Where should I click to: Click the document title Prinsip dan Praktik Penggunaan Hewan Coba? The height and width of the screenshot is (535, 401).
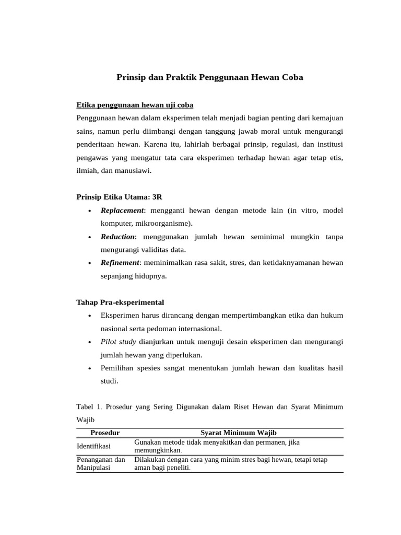[x=209, y=77]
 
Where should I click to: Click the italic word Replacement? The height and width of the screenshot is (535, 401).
[x=122, y=210]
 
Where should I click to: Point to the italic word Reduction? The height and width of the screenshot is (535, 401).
[x=118, y=237]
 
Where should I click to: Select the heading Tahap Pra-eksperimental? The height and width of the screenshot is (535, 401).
[x=120, y=303]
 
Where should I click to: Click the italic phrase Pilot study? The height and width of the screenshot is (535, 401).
[x=119, y=342]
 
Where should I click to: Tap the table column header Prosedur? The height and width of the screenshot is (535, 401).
[x=105, y=433]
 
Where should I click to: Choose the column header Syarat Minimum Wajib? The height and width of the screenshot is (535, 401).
[x=239, y=433]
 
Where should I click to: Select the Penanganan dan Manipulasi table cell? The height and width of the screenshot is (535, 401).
[x=101, y=464]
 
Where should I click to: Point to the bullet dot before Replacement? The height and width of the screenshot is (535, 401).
[x=90, y=211]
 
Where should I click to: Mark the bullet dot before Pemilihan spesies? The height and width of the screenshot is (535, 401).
[x=90, y=369]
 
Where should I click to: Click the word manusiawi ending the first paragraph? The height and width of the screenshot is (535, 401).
[x=134, y=170]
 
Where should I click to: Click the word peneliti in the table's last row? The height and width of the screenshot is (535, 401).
[x=177, y=469]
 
